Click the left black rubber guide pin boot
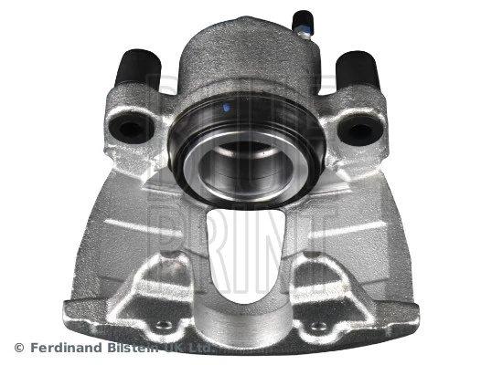(140, 68)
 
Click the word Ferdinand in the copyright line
(69, 348)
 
